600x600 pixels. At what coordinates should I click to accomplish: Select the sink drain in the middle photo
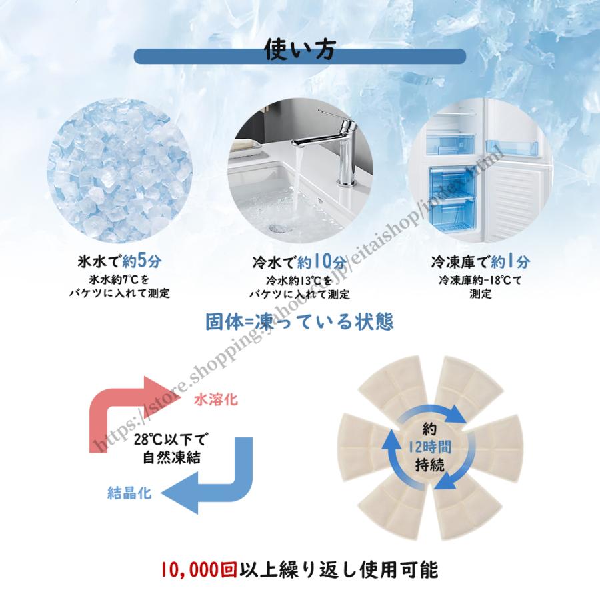[275, 227]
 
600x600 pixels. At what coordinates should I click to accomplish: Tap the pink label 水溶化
[215, 400]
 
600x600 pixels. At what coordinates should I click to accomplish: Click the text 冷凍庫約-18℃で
[480, 280]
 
